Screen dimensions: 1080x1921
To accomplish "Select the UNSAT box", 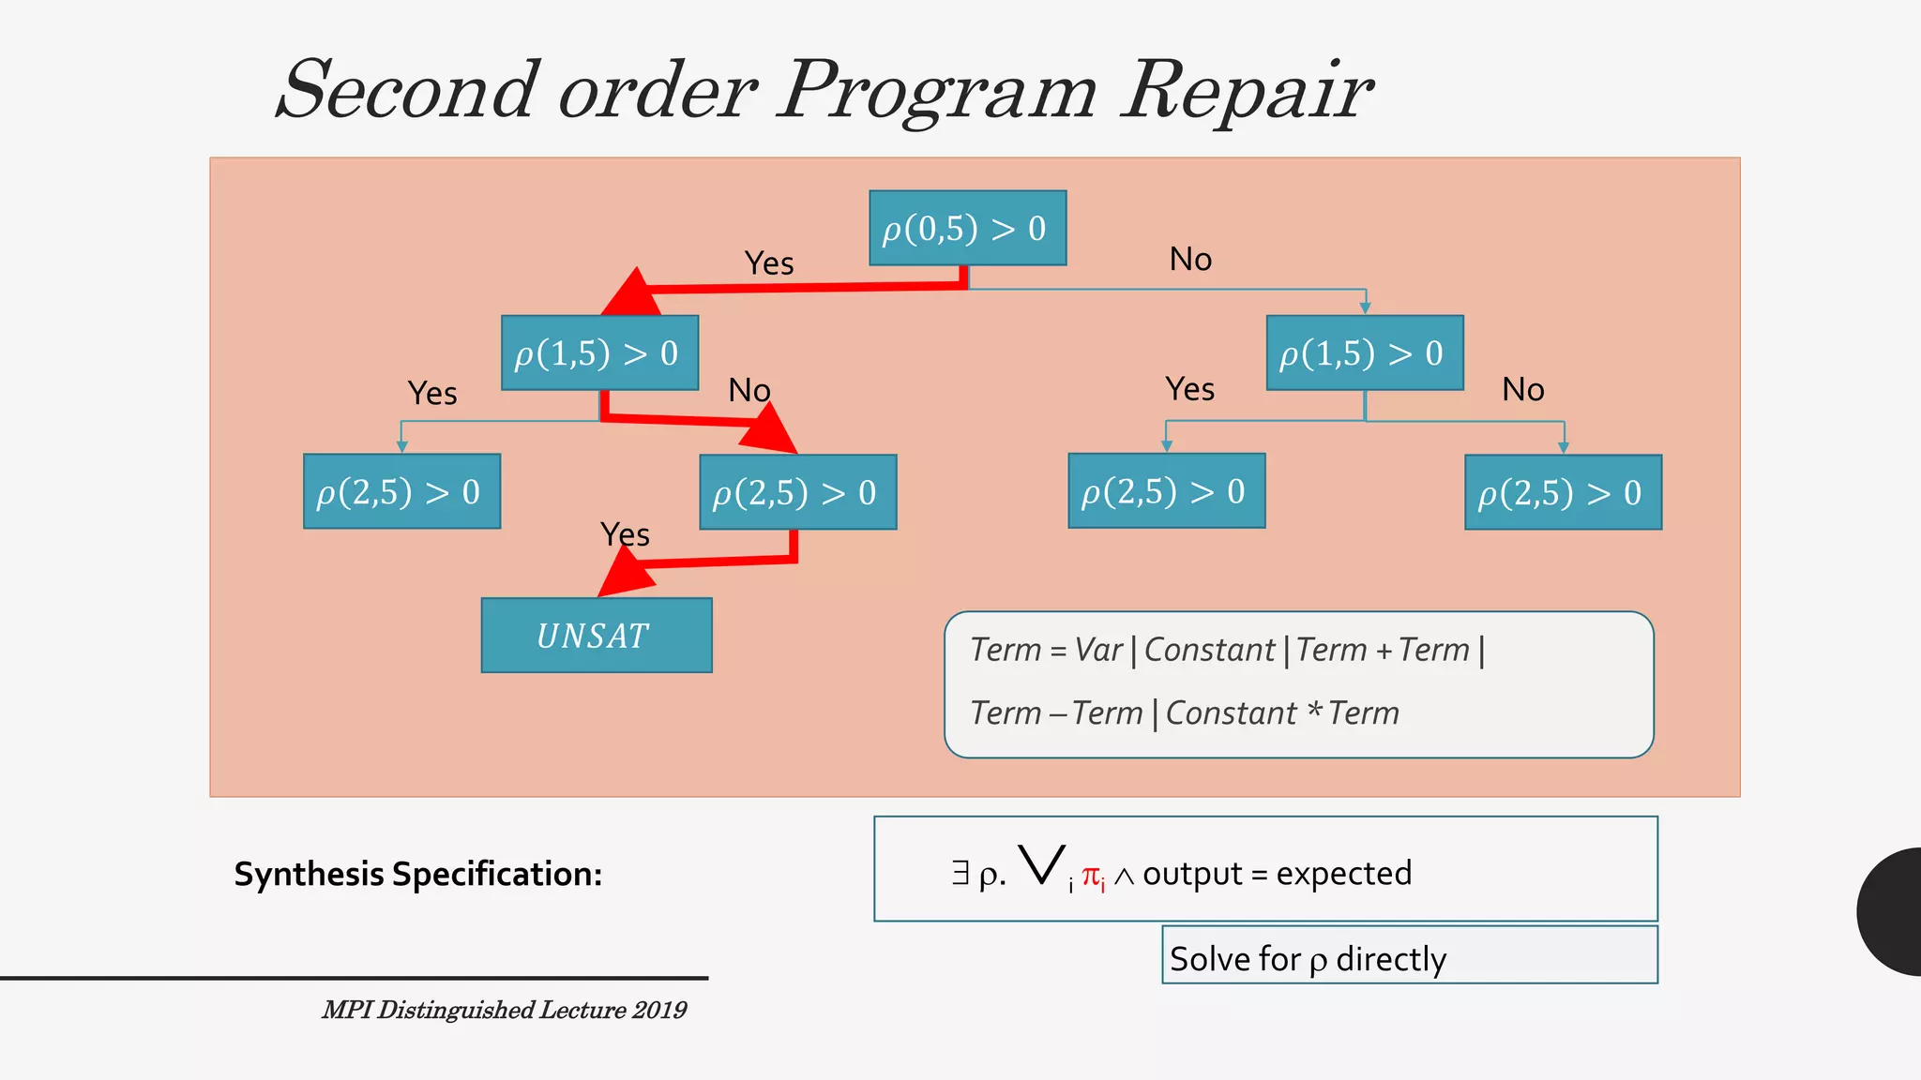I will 597,636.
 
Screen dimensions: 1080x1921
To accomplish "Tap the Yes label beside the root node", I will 769,263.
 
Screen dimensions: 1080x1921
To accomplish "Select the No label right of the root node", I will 1190,259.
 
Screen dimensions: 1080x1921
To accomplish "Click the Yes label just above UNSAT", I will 625,534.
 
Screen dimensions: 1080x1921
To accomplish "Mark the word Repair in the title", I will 1248,91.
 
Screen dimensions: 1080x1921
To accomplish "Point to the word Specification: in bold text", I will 497,874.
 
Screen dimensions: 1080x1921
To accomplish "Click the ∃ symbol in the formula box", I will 960,873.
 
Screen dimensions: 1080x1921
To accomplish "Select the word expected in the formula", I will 1343,874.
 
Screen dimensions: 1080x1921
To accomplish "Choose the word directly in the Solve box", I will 1391,959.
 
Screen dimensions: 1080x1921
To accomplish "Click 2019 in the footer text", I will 659,1010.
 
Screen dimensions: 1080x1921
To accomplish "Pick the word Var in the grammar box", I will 1098,650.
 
